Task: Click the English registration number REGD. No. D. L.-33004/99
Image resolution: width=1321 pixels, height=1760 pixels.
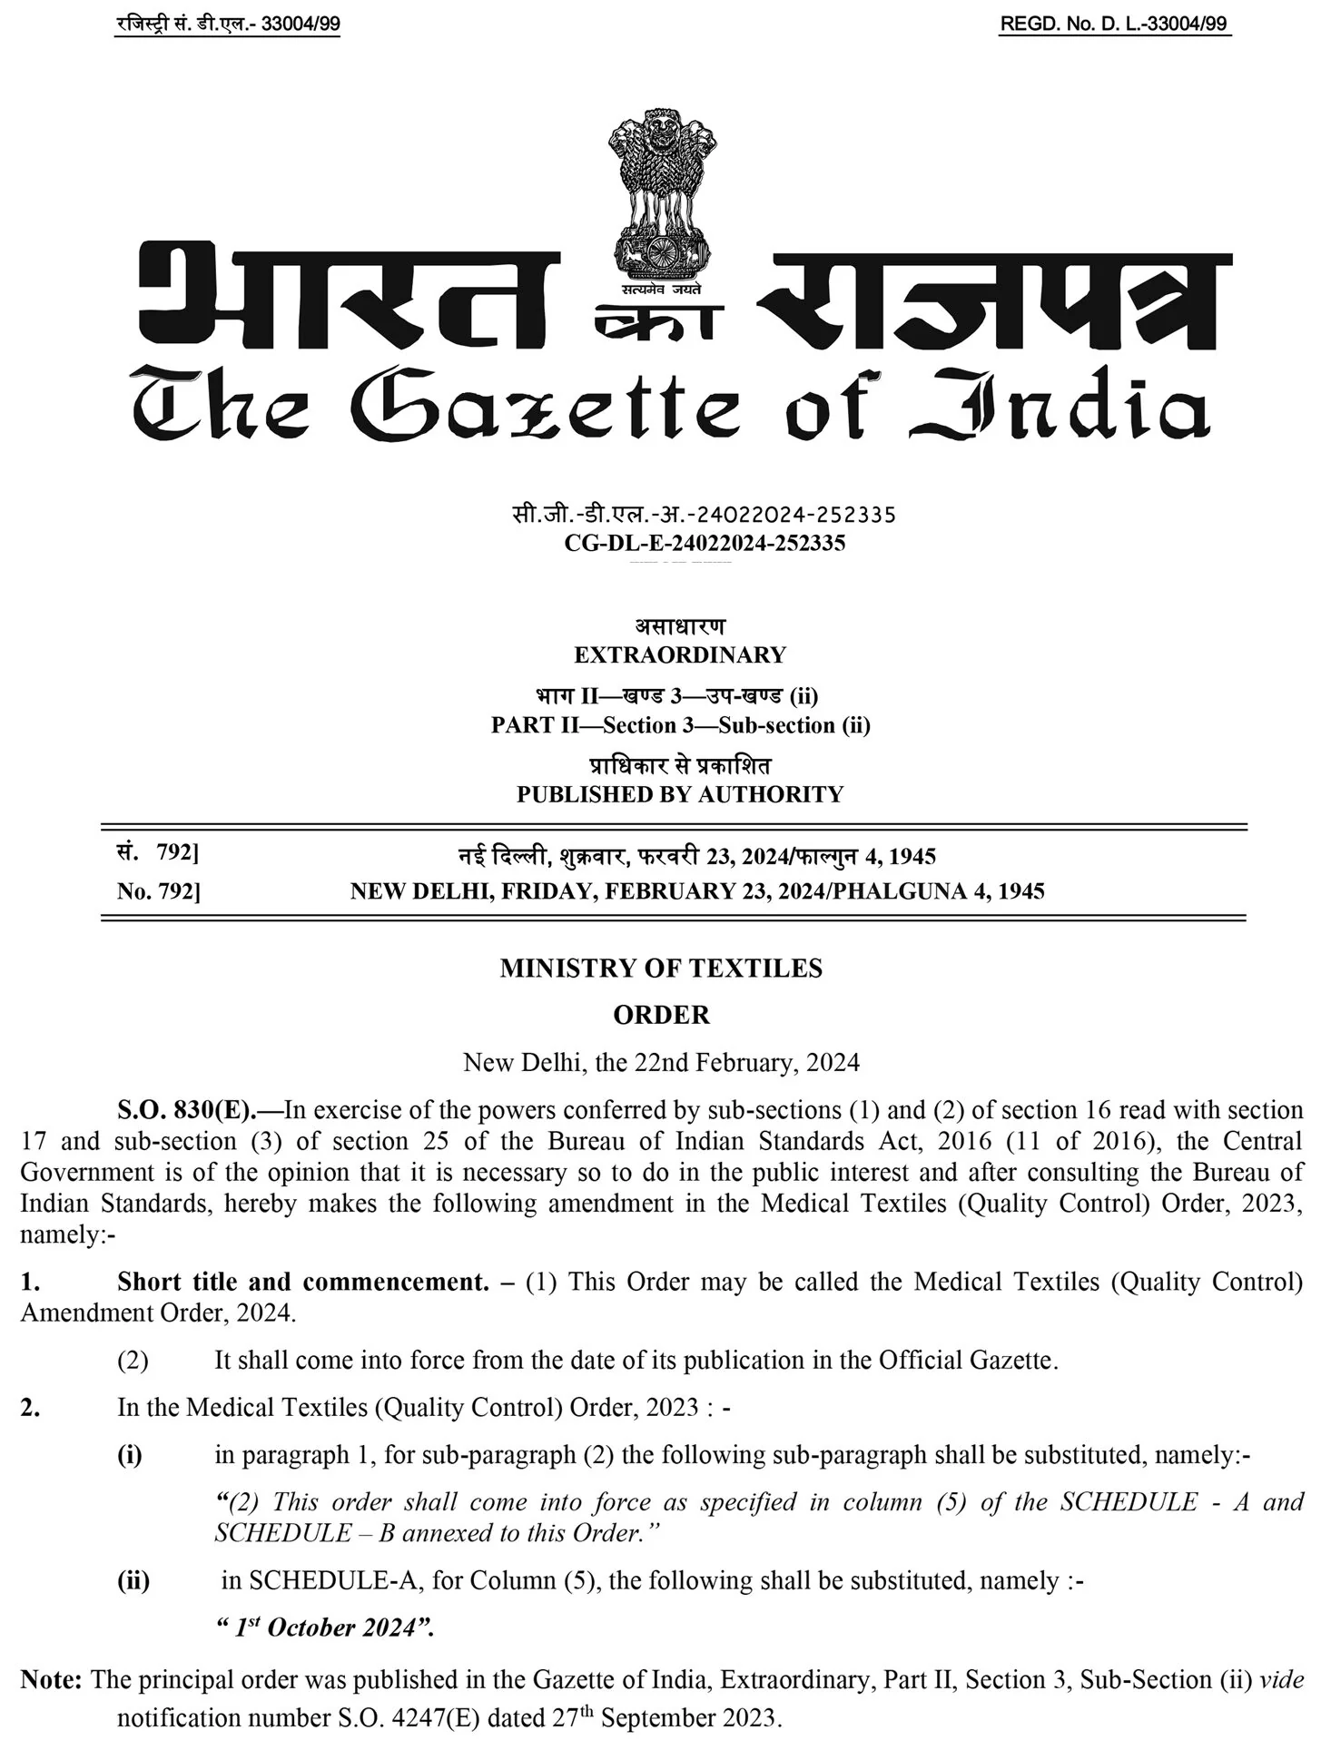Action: click(x=1114, y=25)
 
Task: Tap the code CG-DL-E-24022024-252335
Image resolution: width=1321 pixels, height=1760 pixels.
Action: click(x=705, y=543)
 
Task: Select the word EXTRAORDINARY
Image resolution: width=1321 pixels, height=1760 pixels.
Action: click(x=680, y=654)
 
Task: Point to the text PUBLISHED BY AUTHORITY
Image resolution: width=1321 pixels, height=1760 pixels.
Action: click(x=680, y=794)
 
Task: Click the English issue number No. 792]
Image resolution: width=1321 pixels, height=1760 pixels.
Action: click(x=158, y=891)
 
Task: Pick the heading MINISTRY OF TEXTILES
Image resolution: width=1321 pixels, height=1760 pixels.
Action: click(x=661, y=968)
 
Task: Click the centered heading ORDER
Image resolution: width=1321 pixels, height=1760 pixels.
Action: click(x=661, y=1015)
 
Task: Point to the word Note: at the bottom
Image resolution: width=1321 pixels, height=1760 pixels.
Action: click(x=51, y=1679)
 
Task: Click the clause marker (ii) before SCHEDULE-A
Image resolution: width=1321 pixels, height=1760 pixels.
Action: click(x=133, y=1580)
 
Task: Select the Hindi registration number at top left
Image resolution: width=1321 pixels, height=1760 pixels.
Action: click(x=228, y=25)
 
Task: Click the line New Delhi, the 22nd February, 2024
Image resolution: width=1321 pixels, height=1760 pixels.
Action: click(x=661, y=1062)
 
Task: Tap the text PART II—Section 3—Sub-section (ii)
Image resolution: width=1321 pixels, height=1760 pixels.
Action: click(x=680, y=725)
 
